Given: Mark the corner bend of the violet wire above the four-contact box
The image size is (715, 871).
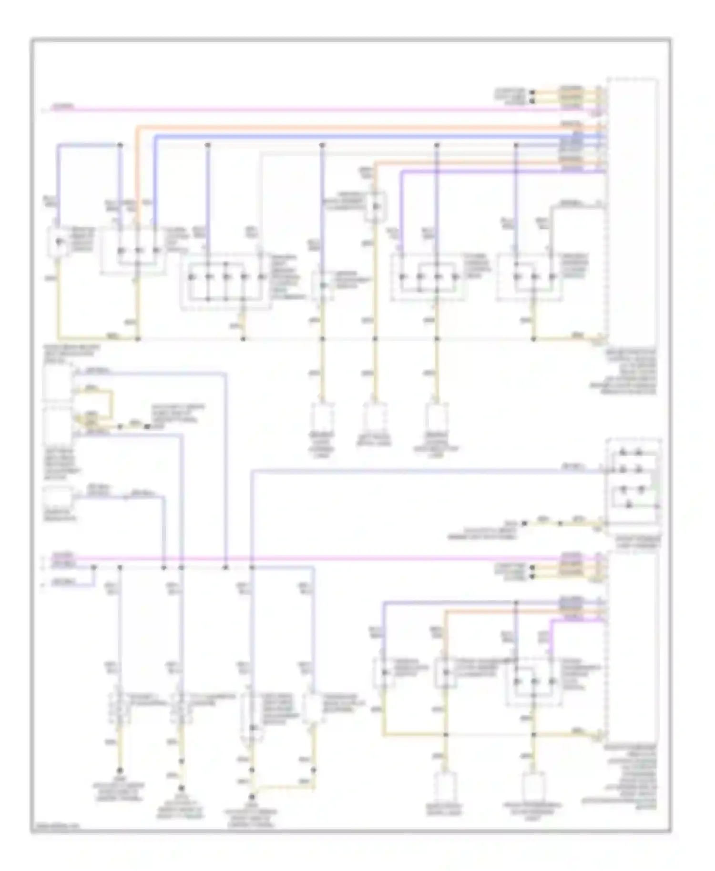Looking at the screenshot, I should coord(401,173).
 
